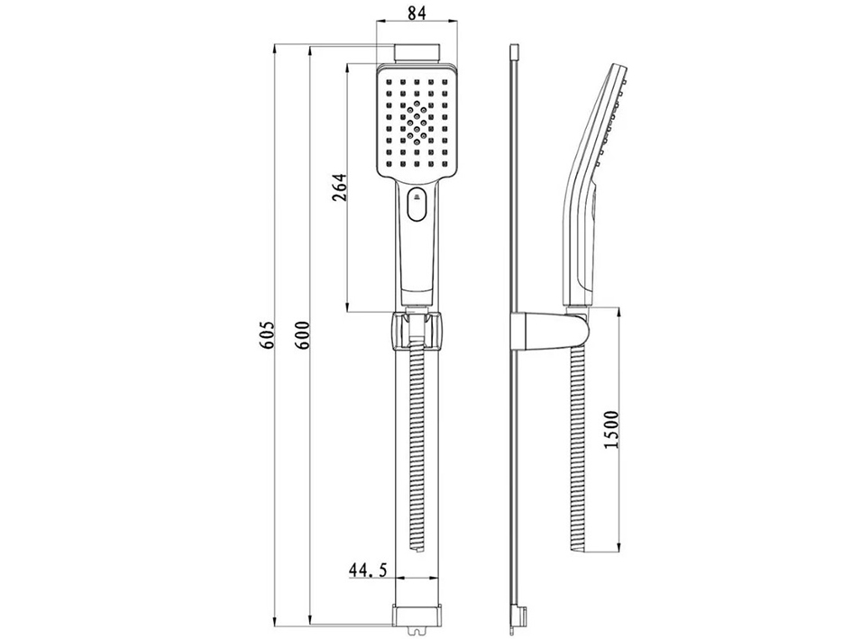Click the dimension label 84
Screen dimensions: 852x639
click(417, 13)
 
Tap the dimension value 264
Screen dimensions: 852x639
click(340, 187)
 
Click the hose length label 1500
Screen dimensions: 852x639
click(612, 429)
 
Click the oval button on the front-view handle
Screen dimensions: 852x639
click(417, 205)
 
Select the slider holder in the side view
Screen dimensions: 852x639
click(549, 331)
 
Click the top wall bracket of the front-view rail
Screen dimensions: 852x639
click(417, 52)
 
